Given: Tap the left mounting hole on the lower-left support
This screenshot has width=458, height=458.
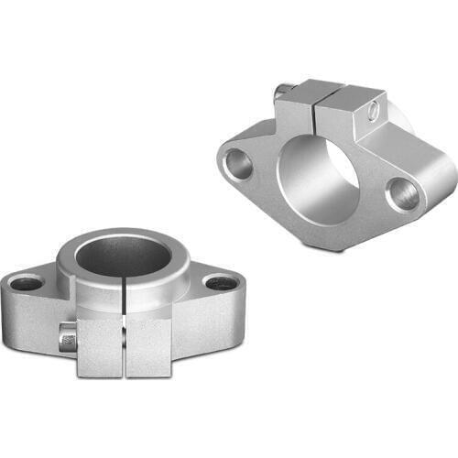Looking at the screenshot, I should tap(27, 283).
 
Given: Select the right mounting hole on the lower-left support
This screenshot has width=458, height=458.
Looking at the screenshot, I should tap(220, 283).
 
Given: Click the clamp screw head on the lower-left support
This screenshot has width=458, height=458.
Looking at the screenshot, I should tap(67, 339).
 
